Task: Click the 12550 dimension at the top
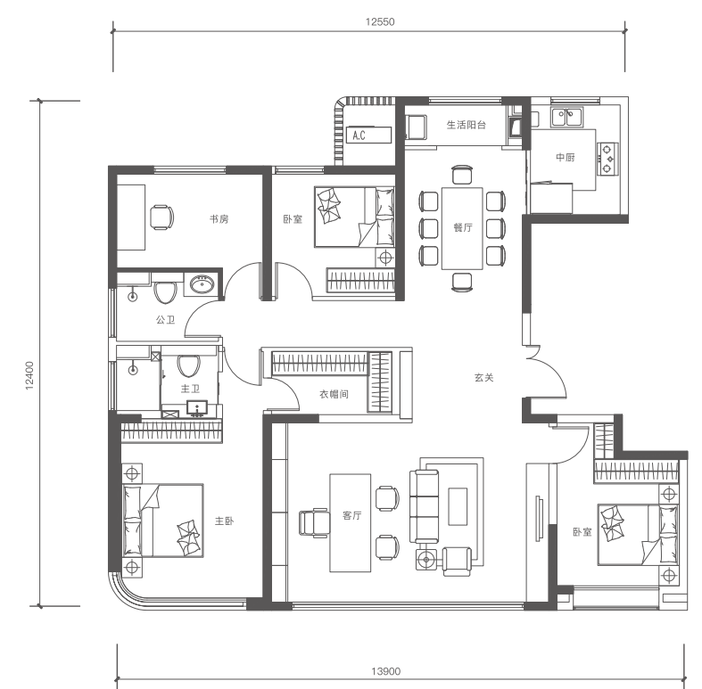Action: pyautogui.click(x=380, y=22)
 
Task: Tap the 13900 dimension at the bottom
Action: pyautogui.click(x=385, y=671)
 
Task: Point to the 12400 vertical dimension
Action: pyautogui.click(x=29, y=375)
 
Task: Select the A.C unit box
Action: pyautogui.click(x=368, y=135)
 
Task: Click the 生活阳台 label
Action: pyautogui.click(x=466, y=125)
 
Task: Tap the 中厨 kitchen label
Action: pyautogui.click(x=565, y=158)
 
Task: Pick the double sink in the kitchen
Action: pyautogui.click(x=566, y=118)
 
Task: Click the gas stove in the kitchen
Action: pyautogui.click(x=607, y=159)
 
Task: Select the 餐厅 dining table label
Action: pyautogui.click(x=462, y=227)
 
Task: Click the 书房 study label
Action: pyautogui.click(x=219, y=219)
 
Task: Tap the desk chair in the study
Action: pyautogui.click(x=161, y=217)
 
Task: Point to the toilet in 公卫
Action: pyautogui.click(x=165, y=292)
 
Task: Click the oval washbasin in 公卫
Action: pyautogui.click(x=202, y=284)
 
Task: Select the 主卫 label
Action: pyautogui.click(x=190, y=389)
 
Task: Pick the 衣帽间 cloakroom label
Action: pyautogui.click(x=334, y=394)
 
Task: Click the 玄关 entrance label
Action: pyautogui.click(x=483, y=378)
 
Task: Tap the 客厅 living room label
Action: pyautogui.click(x=351, y=515)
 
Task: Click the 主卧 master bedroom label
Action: pyautogui.click(x=224, y=521)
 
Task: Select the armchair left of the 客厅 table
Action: pyautogui.click(x=314, y=522)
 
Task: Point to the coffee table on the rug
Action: pyautogui.click(x=458, y=506)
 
